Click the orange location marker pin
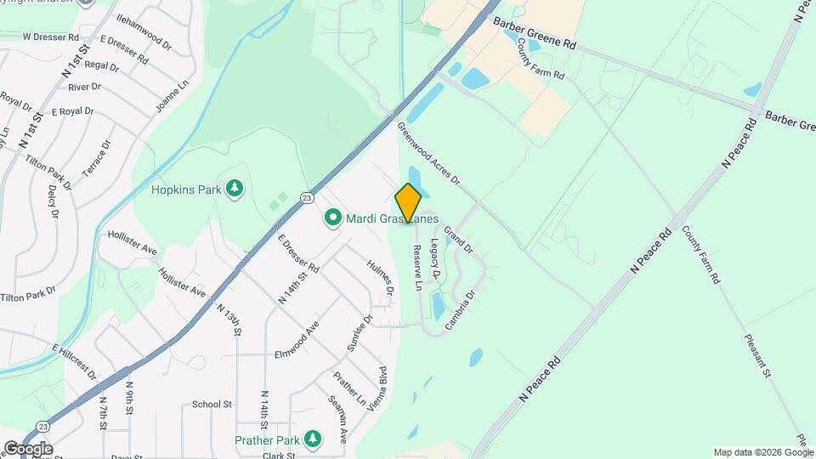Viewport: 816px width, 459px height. pyautogui.click(x=408, y=203)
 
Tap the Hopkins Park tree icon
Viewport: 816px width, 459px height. pyautogui.click(x=235, y=188)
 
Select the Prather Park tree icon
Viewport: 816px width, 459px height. pyautogui.click(x=314, y=439)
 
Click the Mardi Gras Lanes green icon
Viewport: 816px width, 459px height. pyautogui.click(x=331, y=218)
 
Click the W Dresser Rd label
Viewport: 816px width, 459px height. pyautogui.click(x=50, y=37)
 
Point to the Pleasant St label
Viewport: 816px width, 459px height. pyautogui.click(x=756, y=356)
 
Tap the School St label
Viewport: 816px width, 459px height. pyautogui.click(x=212, y=405)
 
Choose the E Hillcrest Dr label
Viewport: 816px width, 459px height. pyautogui.click(x=74, y=361)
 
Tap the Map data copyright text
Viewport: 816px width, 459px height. pyautogui.click(x=762, y=452)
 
